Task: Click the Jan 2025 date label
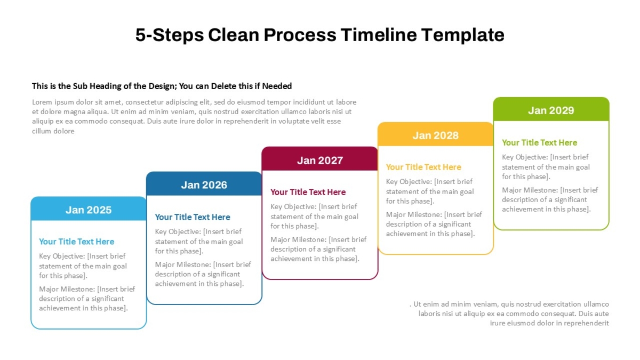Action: pos(89,210)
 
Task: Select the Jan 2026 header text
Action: pos(204,185)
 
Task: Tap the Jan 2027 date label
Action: pos(320,161)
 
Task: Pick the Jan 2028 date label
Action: pos(435,135)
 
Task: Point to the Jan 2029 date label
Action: pos(551,110)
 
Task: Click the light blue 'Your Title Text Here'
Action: pos(77,242)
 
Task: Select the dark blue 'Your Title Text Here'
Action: pos(193,217)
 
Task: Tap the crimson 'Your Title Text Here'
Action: pos(308,193)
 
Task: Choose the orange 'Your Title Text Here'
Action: pos(423,167)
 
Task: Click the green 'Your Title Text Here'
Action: pos(539,142)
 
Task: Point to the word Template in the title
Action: pos(463,35)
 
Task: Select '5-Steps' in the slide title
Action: pos(170,35)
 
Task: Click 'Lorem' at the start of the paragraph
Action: pos(42,102)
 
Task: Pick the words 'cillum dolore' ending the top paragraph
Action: pos(53,131)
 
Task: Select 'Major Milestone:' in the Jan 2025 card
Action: pos(67,289)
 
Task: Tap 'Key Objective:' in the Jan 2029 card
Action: pos(525,157)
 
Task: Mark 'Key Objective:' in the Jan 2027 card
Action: pos(294,207)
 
